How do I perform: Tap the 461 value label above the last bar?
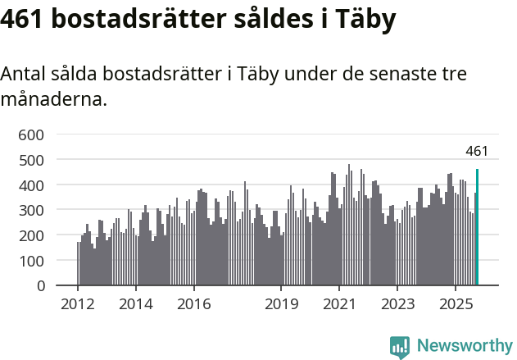click(477, 151)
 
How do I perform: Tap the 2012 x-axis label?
click(78, 305)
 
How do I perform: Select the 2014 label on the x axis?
click(136, 305)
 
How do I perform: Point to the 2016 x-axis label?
click(193, 305)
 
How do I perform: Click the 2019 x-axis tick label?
click(281, 305)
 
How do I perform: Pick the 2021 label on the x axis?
click(339, 305)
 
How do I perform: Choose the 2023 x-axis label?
click(397, 305)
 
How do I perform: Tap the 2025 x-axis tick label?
click(456, 305)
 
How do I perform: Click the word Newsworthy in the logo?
click(465, 346)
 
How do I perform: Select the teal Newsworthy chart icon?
click(400, 347)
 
